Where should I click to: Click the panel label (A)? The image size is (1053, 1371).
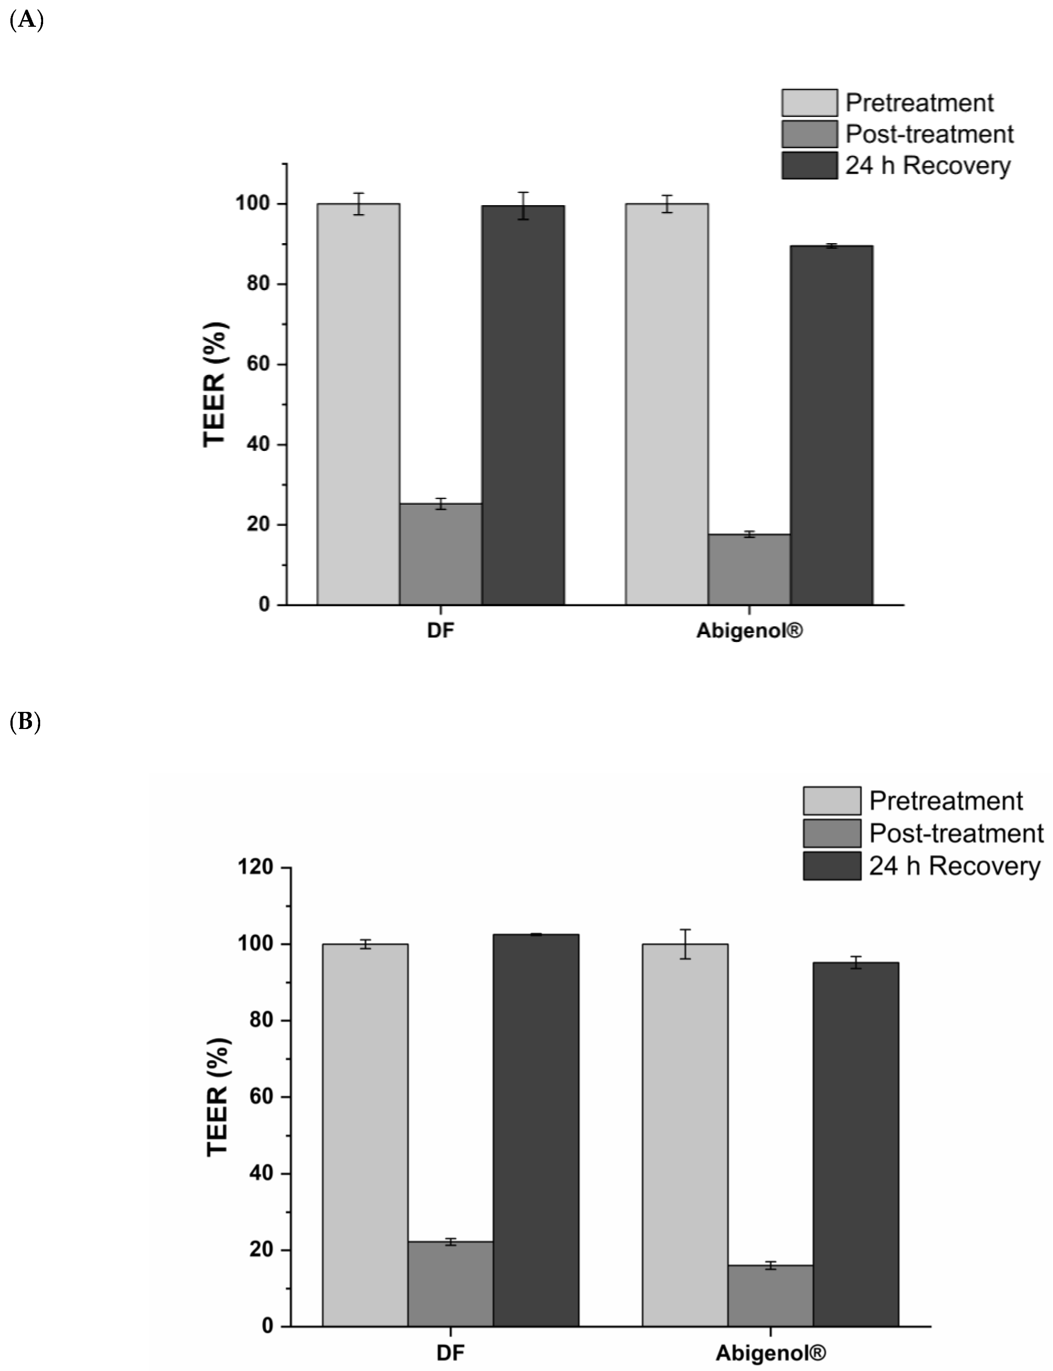tap(26, 21)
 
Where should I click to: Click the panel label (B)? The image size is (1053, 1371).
tap(25, 722)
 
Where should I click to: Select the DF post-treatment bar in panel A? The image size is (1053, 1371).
tap(440, 554)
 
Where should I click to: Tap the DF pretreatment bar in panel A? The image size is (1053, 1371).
tap(358, 404)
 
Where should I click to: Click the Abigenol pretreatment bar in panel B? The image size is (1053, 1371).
tap(685, 1135)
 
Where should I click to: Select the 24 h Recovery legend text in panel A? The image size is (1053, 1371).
tap(928, 165)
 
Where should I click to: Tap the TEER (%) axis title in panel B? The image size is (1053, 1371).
tap(218, 1097)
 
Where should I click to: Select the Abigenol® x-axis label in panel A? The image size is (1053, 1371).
tap(749, 630)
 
